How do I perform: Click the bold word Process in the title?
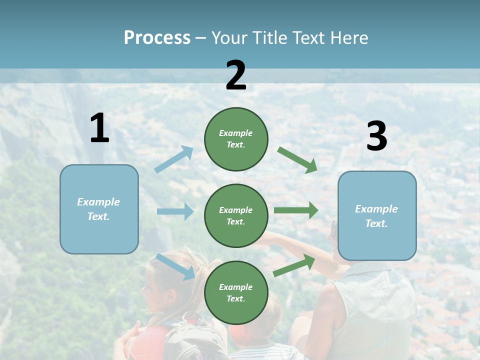click(157, 38)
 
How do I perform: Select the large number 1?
click(99, 128)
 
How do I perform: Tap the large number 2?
click(236, 75)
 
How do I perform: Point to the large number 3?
click(376, 136)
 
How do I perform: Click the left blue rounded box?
click(99, 209)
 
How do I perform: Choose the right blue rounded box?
click(377, 216)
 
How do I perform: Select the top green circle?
click(236, 139)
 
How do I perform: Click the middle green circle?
click(236, 216)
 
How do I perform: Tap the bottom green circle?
click(236, 293)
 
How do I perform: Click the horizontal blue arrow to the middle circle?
click(175, 211)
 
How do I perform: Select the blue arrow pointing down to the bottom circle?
click(175, 266)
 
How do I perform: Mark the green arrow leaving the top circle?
click(297, 160)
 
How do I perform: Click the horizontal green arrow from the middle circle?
click(296, 210)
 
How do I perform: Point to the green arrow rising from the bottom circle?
click(294, 265)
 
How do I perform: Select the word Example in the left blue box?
click(98, 202)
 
